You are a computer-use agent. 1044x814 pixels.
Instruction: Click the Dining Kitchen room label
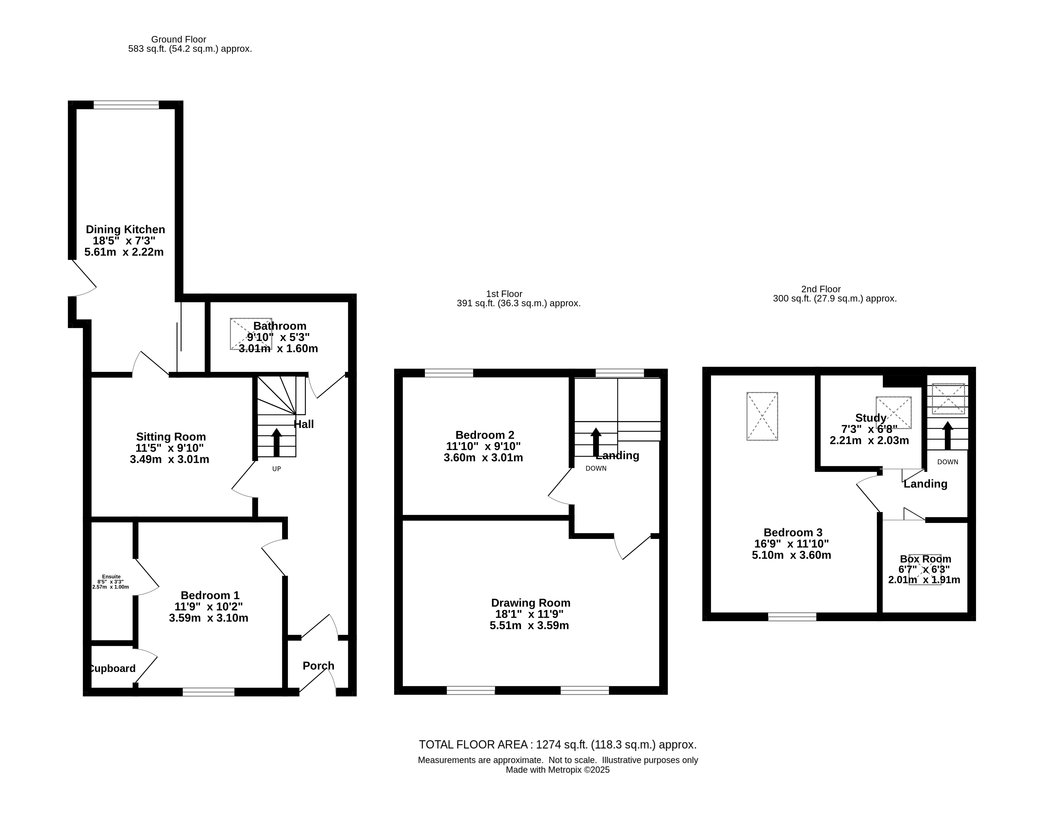(x=125, y=229)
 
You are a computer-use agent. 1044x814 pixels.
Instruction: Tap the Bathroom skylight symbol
(x=251, y=334)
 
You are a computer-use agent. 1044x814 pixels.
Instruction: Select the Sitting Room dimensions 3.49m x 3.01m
(x=170, y=459)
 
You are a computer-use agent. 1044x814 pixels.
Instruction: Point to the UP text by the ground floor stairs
(x=276, y=469)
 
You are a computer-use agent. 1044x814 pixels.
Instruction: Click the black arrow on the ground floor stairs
(x=276, y=442)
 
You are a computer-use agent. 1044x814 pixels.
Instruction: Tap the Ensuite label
(x=111, y=577)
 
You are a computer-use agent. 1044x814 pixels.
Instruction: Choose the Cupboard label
(x=113, y=668)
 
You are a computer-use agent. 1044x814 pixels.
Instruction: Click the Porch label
(x=318, y=666)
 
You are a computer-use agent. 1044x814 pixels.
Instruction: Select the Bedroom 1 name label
(x=210, y=595)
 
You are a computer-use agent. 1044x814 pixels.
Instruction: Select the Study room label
(x=871, y=418)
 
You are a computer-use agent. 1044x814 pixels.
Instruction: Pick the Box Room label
(x=926, y=559)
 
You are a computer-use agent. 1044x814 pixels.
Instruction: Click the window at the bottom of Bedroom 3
(x=792, y=617)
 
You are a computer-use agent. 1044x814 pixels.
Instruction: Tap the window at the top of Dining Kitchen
(x=126, y=105)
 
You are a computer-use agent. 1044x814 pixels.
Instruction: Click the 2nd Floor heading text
(x=821, y=289)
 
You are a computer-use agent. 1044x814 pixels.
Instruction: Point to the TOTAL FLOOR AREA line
(x=558, y=745)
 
